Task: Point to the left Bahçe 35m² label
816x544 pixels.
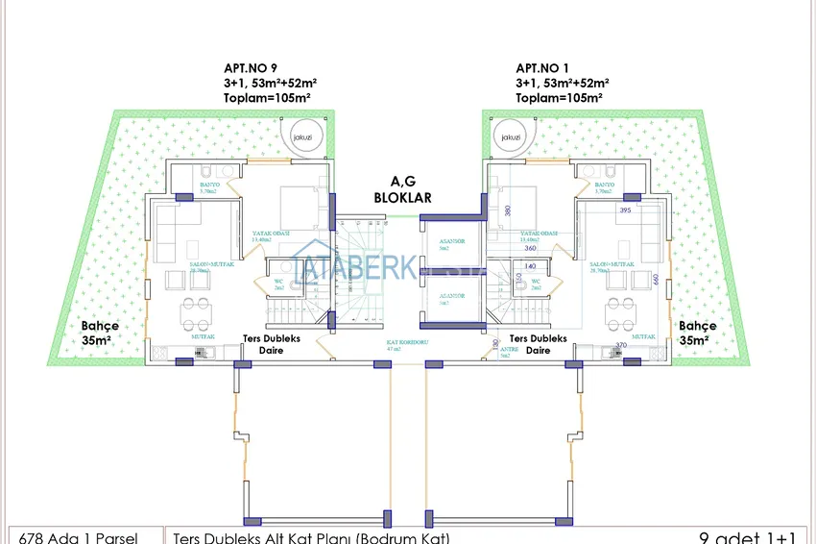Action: (x=101, y=333)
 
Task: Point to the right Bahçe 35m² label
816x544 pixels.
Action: (x=698, y=333)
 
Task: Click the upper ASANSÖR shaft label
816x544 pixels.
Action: (x=451, y=244)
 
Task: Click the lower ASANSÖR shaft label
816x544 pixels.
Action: (x=451, y=297)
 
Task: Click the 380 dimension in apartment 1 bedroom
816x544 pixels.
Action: (x=508, y=211)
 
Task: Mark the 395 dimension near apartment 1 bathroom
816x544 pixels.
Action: (x=624, y=210)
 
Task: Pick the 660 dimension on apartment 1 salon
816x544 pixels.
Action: (x=657, y=280)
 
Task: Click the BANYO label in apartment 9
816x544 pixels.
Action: (x=210, y=186)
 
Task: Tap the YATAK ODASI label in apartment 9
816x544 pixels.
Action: (x=272, y=235)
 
